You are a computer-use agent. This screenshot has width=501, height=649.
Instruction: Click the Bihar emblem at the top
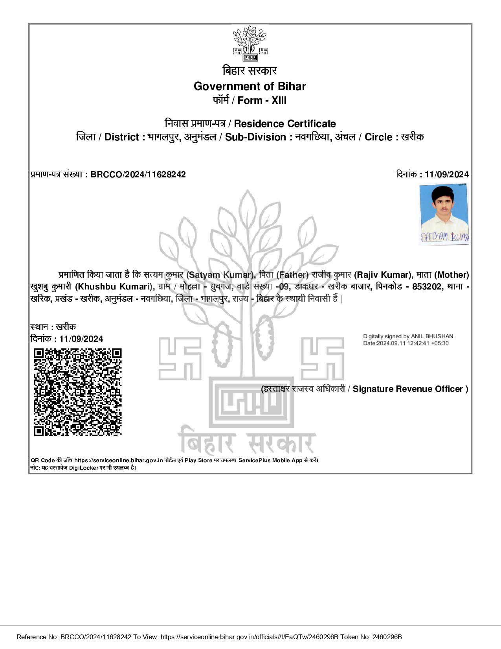click(250, 44)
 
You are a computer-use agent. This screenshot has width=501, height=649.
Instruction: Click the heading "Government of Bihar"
click(250, 87)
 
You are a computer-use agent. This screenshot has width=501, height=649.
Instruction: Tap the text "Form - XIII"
click(262, 101)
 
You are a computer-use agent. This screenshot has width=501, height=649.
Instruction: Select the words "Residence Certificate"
click(285, 124)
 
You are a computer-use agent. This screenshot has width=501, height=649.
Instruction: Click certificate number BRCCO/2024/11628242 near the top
click(138, 175)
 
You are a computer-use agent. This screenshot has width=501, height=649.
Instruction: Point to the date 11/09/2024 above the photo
click(446, 175)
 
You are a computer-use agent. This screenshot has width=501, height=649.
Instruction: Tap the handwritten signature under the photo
click(444, 237)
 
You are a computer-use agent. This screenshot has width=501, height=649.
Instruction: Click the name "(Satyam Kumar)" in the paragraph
click(221, 275)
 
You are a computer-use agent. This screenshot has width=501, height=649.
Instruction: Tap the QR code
click(77, 392)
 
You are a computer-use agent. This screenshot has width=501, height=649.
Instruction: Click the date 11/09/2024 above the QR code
click(81, 339)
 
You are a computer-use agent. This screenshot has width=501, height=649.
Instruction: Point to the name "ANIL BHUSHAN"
click(432, 337)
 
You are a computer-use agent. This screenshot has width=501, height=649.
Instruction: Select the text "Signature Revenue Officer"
click(408, 389)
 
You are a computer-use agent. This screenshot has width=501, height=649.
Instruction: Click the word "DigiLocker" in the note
click(84, 468)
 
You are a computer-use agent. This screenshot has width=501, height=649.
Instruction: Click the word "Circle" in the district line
click(378, 137)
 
